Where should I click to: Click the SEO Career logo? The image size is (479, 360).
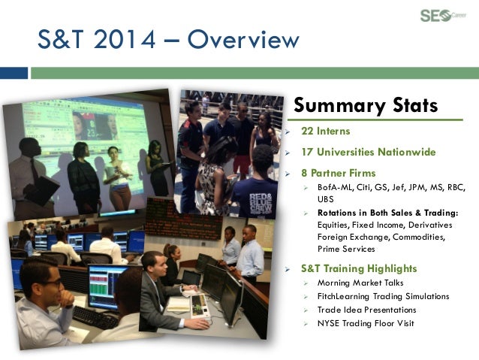(x=443, y=16)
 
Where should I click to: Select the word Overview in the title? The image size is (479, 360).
(x=243, y=39)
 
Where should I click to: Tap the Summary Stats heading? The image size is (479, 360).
(x=366, y=105)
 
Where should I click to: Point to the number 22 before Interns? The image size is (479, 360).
(x=307, y=131)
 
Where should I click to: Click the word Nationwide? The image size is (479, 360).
(x=407, y=152)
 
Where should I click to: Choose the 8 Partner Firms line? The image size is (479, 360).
(x=338, y=173)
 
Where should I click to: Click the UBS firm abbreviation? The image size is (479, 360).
(x=325, y=199)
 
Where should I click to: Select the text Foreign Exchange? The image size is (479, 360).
(x=353, y=237)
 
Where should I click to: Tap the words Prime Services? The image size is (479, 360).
(x=346, y=249)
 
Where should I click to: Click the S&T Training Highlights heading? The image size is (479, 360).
(x=359, y=268)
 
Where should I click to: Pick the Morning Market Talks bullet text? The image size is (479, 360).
(x=360, y=283)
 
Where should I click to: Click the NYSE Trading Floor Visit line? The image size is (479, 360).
(x=366, y=323)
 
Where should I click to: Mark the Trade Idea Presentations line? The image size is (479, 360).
(x=367, y=310)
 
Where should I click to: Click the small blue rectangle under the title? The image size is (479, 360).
(x=14, y=73)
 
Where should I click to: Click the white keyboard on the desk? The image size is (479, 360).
(x=200, y=306)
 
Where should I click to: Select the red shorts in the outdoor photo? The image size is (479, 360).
(x=242, y=165)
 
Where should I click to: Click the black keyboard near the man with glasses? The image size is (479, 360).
(x=95, y=317)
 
